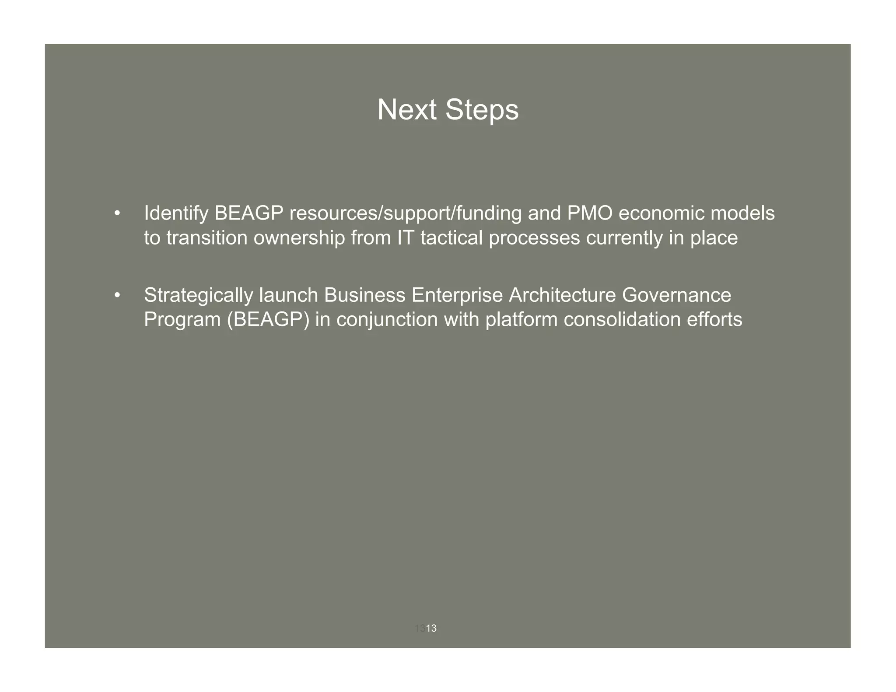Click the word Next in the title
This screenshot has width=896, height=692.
tap(407, 110)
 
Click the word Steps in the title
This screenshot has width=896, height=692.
tap(482, 110)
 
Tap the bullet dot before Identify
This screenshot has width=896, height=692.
tap(116, 214)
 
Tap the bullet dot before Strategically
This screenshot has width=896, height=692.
tap(116, 296)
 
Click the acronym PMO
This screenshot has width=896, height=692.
tap(590, 213)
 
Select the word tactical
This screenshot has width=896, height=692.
tap(451, 238)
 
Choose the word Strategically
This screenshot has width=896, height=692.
tap(199, 296)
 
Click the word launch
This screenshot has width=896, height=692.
tap(289, 295)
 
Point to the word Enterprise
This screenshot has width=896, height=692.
tap(457, 296)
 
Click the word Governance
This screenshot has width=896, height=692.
tap(676, 295)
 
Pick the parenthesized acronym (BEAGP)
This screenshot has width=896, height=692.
tap(268, 320)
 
